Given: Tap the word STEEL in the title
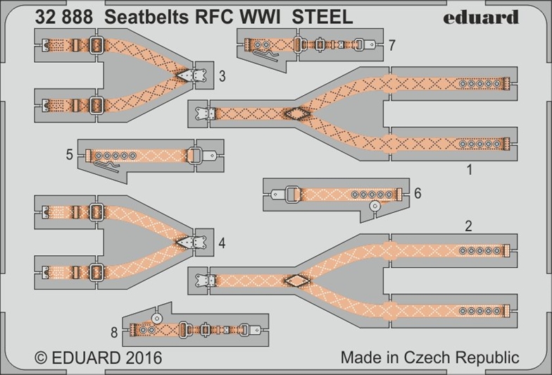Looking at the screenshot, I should (x=323, y=18).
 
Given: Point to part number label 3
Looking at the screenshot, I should (x=222, y=78).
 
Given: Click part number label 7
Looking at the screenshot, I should (x=391, y=46).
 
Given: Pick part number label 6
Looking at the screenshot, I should (x=418, y=194).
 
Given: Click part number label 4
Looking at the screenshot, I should (x=222, y=245).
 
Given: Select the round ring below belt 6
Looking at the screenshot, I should (x=375, y=207).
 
